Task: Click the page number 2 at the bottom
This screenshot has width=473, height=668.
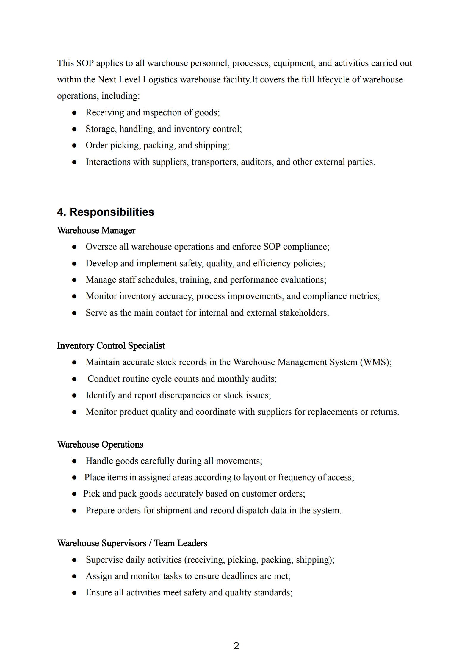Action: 236,646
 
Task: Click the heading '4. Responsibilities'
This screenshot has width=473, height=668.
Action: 106,212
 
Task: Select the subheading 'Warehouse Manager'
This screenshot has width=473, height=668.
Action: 96,230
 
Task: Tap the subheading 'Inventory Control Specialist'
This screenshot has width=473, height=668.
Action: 111,345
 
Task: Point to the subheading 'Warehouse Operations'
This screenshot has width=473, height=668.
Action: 100,444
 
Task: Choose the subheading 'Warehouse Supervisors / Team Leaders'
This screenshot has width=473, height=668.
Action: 132,543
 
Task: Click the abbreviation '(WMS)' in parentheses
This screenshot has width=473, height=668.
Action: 375,362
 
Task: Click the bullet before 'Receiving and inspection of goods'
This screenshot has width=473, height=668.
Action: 74,113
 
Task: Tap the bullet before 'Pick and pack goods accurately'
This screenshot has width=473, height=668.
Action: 74,494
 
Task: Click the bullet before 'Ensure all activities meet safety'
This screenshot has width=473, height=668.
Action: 74,593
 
